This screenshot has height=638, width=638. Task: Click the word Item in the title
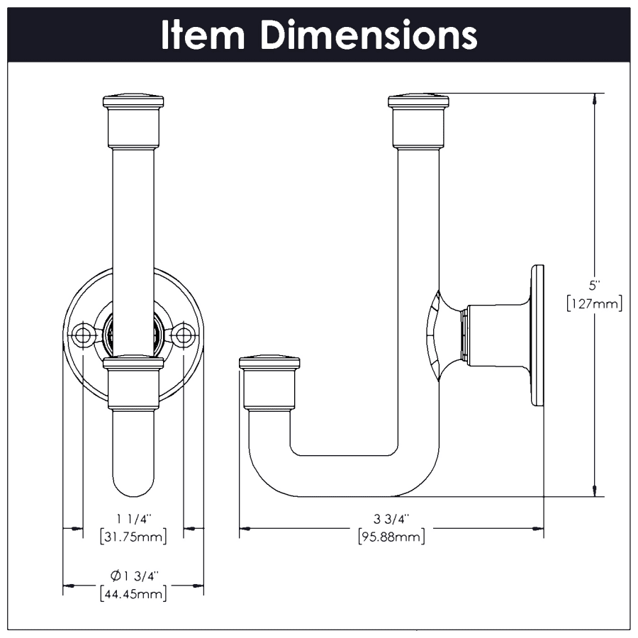[203, 35]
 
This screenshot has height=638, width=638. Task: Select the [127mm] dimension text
[595, 304]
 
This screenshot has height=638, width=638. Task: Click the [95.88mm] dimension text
[391, 537]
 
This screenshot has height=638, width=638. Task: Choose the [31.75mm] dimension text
[134, 537]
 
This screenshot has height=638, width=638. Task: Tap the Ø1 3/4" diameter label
[134, 576]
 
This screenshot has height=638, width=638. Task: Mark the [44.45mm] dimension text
[134, 593]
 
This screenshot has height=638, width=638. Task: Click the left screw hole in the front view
[83, 335]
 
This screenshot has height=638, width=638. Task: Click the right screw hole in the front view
[184, 335]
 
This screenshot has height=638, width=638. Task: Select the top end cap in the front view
[133, 121]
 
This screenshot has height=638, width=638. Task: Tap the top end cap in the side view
[418, 121]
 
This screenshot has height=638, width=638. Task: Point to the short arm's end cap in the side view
[269, 383]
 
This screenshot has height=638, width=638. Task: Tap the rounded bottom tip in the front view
[133, 489]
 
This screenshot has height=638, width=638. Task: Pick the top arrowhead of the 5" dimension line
[595, 99]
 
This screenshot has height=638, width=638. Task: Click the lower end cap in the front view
[133, 383]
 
